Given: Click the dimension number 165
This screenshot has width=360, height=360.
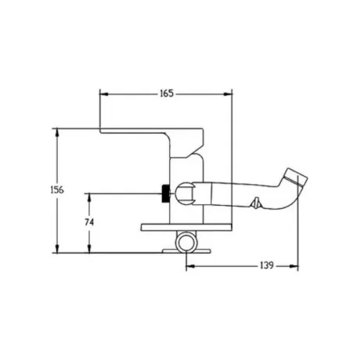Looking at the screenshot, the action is tap(167, 93).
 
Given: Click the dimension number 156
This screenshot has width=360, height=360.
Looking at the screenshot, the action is tap(57, 190).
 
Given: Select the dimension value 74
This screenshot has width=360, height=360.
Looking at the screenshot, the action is tap(89, 222).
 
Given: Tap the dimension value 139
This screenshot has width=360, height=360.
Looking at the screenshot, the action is tap(267, 265).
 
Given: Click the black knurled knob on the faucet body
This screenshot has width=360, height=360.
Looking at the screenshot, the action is tap(165, 193).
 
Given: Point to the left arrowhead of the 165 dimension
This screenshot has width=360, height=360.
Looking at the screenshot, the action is tap(104, 94).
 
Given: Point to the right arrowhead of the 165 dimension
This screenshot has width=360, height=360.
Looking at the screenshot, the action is tap(228, 94).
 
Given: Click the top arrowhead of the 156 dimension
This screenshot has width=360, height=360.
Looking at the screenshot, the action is tap(57, 132).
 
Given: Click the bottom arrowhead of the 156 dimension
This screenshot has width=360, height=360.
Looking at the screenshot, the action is tap(57, 249).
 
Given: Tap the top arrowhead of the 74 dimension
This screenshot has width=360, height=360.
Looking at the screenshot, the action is tap(89, 197).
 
